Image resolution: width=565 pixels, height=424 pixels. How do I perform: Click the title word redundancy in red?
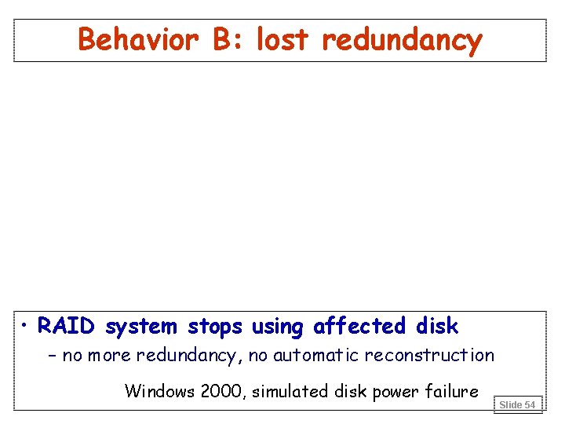[x=402, y=41]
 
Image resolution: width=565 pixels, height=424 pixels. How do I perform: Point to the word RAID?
[x=68, y=326]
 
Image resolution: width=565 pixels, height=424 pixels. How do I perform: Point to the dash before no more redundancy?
[x=53, y=356]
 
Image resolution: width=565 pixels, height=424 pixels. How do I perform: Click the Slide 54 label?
[x=517, y=404]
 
